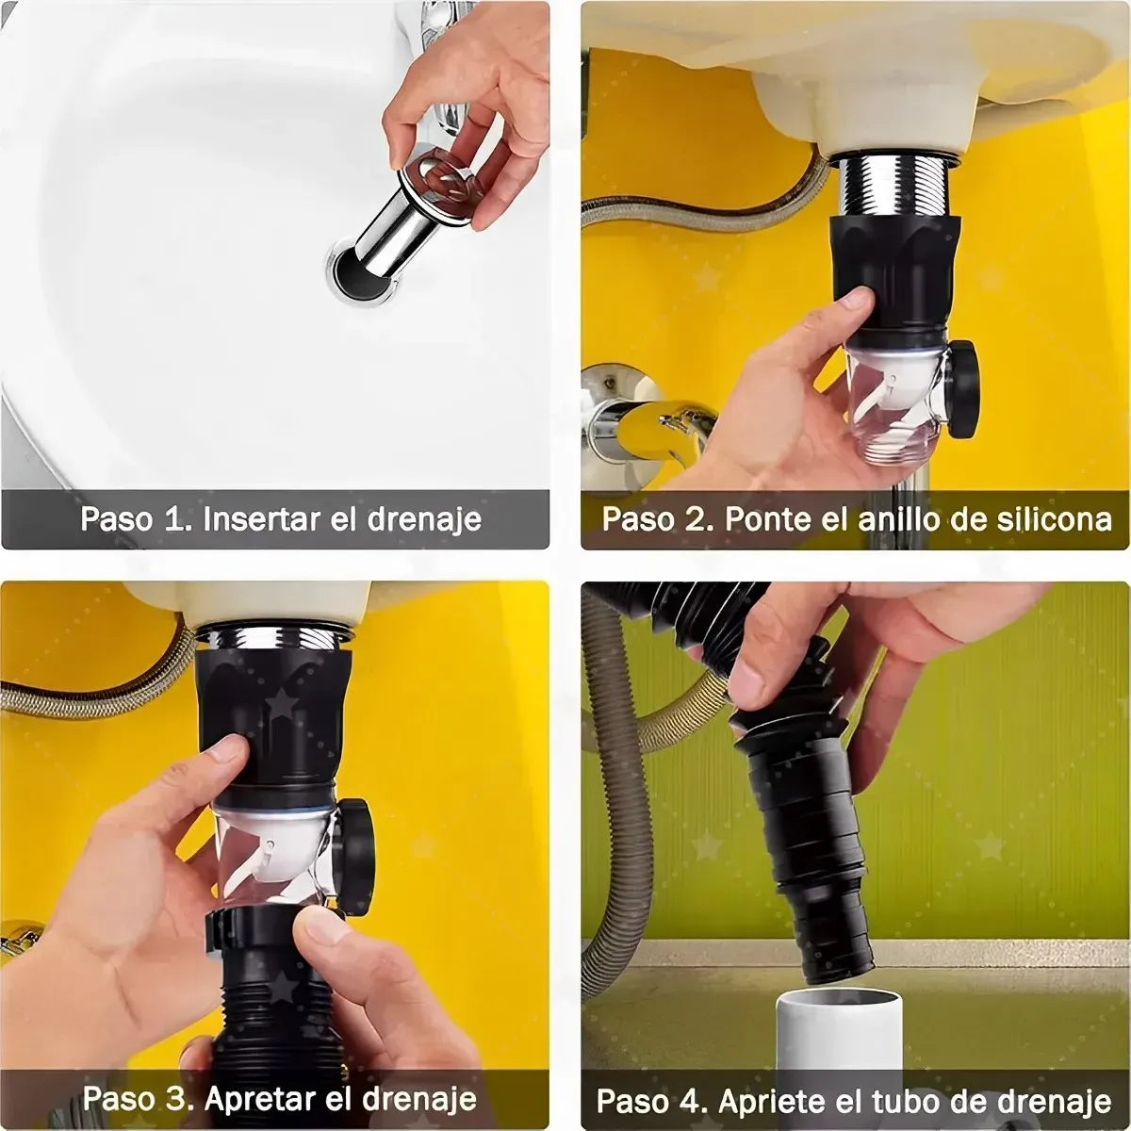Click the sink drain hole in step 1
[x=352, y=266]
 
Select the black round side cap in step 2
[x=962, y=387]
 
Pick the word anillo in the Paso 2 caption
[x=906, y=518]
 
